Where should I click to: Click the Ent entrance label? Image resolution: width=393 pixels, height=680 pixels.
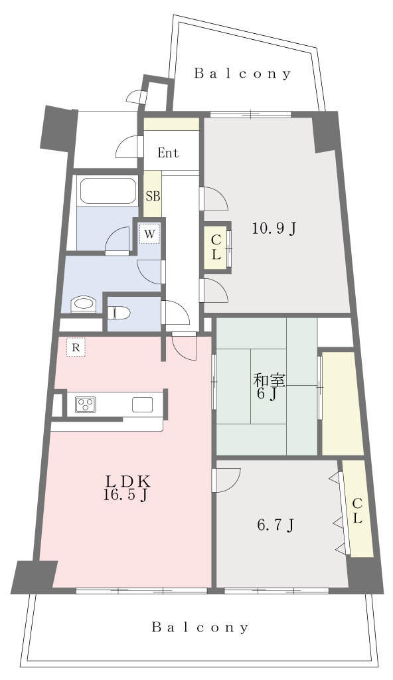[168, 153]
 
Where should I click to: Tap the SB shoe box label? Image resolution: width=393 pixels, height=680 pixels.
[152, 197]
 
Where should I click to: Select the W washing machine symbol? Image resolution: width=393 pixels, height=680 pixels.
[149, 234]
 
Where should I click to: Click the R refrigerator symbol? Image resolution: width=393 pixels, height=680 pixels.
[76, 347]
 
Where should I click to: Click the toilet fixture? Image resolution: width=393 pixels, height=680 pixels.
[118, 312]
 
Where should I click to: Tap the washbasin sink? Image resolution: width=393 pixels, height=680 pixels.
[83, 304]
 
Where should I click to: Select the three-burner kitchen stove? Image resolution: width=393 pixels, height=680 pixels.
[86, 404]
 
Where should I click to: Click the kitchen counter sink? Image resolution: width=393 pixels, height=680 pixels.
[143, 404]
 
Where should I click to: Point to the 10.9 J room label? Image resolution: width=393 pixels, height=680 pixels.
[275, 228]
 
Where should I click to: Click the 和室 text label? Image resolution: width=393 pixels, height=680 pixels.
[270, 381]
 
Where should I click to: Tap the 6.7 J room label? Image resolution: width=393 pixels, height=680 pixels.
[276, 525]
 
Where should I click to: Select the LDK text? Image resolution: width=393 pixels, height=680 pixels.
[128, 481]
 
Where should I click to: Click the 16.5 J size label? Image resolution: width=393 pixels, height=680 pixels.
[125, 495]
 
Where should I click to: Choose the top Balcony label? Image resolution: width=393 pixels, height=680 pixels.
[242, 74]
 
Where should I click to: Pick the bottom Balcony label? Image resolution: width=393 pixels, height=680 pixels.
[200, 627]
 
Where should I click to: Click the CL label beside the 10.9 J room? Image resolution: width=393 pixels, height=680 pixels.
[216, 247]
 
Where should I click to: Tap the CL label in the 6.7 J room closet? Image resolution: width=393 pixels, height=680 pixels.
[357, 511]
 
